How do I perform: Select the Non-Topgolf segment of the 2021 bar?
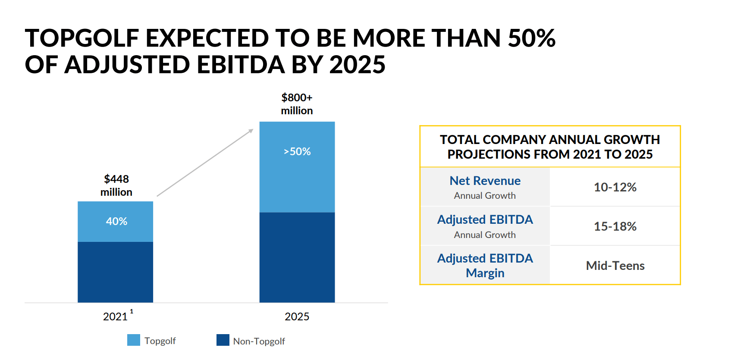[115, 272]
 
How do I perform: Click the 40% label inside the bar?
[116, 221]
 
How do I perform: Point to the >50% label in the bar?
[297, 152]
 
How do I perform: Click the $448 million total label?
[116, 185]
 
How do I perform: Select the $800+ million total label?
[297, 104]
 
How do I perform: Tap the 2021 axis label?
[115, 317]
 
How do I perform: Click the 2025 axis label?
[297, 317]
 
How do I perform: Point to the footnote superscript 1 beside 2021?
[132, 311]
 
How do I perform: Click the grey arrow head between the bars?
[251, 131]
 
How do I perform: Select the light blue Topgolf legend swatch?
[134, 340]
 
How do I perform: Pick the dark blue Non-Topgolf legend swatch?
[223, 340]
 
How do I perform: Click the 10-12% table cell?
[615, 187]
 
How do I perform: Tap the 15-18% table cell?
[615, 226]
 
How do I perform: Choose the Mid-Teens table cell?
[615, 266]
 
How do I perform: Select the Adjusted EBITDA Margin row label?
[485, 266]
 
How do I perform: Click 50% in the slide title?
[531, 38]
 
